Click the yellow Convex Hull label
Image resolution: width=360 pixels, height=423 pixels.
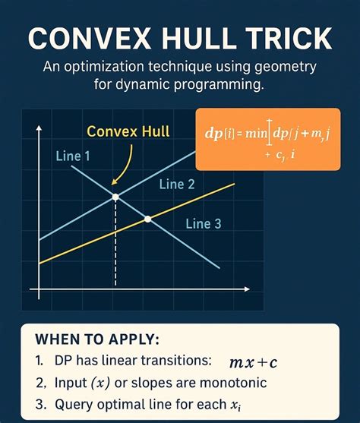coord(128,131)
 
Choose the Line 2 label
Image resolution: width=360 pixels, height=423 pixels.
coord(177,185)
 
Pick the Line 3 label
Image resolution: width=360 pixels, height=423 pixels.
coord(204,223)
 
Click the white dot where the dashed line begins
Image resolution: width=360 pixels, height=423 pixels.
coord(115,197)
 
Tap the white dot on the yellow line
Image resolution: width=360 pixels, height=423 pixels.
coord(148,219)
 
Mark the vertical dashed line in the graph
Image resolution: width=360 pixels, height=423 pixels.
coord(115,243)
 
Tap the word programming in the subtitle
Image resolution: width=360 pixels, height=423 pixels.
coord(213,86)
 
